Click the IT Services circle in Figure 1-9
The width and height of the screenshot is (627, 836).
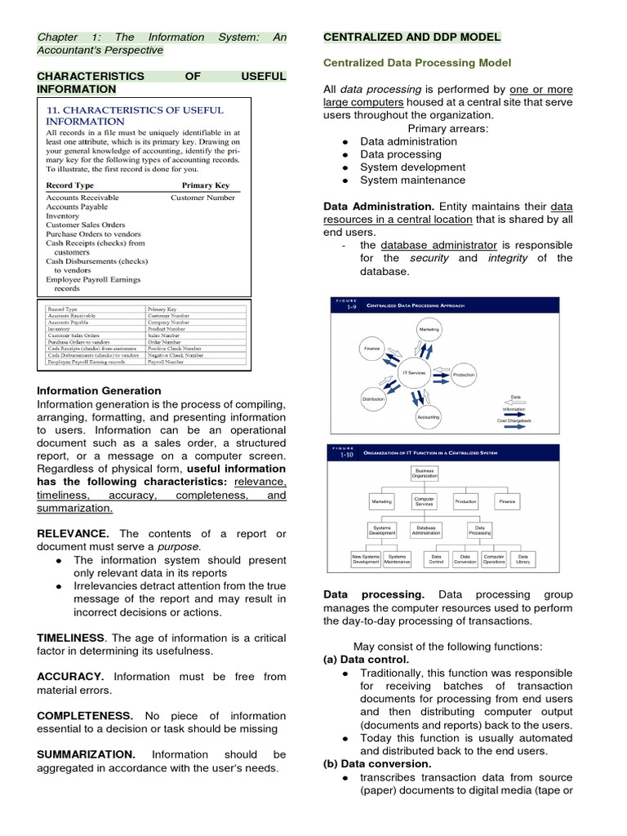[415, 372]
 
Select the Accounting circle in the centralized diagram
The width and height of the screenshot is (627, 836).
[428, 417]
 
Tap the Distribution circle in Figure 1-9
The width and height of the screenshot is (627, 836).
[374, 399]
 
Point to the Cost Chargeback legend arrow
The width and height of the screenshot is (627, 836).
[515, 414]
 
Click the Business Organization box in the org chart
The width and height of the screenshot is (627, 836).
[425, 473]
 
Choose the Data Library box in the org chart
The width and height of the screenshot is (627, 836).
[522, 559]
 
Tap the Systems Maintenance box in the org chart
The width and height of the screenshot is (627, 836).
[397, 559]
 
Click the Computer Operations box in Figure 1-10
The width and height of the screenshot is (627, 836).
[494, 559]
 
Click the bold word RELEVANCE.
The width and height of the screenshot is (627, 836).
[73, 534]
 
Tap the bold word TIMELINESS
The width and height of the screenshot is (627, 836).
[71, 638]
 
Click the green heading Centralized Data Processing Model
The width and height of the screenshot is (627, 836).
[417, 63]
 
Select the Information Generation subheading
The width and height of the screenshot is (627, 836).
[99, 391]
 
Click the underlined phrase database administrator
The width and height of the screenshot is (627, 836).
[438, 245]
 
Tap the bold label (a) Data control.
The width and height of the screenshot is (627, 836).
[367, 660]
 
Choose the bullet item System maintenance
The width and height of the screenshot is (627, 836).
[412, 180]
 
